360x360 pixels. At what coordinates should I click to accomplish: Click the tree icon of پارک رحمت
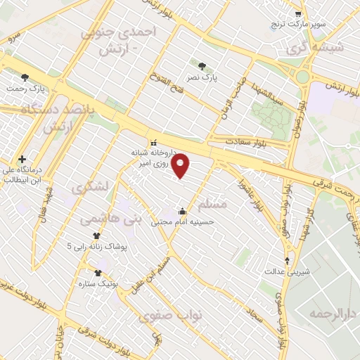click(25, 78)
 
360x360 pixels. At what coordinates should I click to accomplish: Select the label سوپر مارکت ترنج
click(300, 25)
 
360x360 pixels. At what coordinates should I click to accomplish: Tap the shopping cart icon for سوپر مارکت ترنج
click(299, 14)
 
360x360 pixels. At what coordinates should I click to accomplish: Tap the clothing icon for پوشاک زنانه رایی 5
click(96, 236)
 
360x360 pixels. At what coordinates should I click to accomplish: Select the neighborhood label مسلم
click(214, 205)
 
